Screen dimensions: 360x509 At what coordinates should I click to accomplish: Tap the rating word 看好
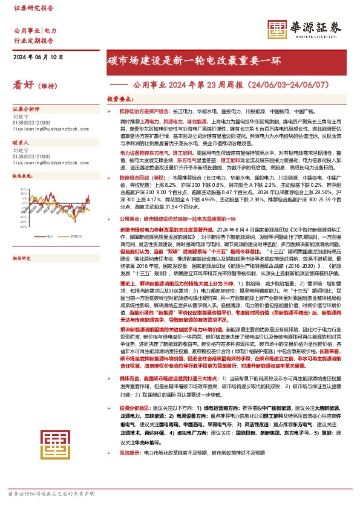point(23,86)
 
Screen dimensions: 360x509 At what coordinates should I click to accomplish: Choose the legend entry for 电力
point(50,236)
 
